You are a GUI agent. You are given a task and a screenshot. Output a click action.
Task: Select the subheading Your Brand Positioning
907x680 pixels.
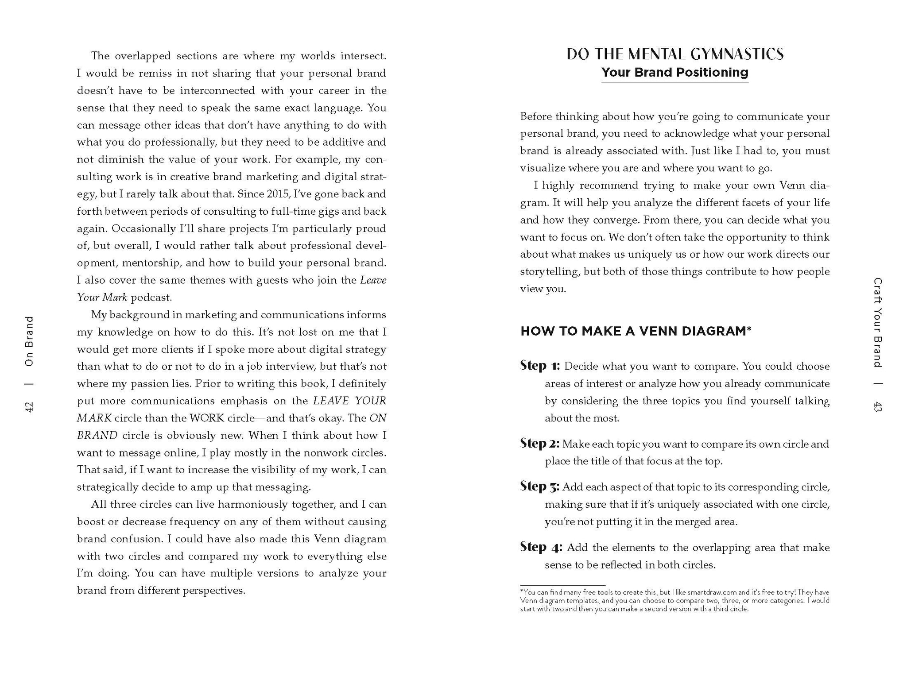(674, 73)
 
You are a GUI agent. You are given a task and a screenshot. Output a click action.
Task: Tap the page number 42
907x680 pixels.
(29, 407)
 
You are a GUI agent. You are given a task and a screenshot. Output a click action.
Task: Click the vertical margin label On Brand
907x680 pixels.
(29, 341)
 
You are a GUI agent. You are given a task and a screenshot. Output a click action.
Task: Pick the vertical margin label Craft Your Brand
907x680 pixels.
(877, 322)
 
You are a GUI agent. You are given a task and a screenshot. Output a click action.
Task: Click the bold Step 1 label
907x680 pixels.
(540, 366)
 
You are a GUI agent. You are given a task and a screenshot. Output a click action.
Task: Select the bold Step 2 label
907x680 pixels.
(539, 444)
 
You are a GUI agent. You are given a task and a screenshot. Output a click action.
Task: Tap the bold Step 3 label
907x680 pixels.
(539, 487)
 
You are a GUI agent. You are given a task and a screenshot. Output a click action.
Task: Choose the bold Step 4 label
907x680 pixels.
(541, 548)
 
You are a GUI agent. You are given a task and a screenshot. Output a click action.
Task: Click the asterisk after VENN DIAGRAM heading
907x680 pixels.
(749, 329)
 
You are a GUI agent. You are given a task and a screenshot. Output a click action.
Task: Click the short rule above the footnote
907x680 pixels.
(562, 585)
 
